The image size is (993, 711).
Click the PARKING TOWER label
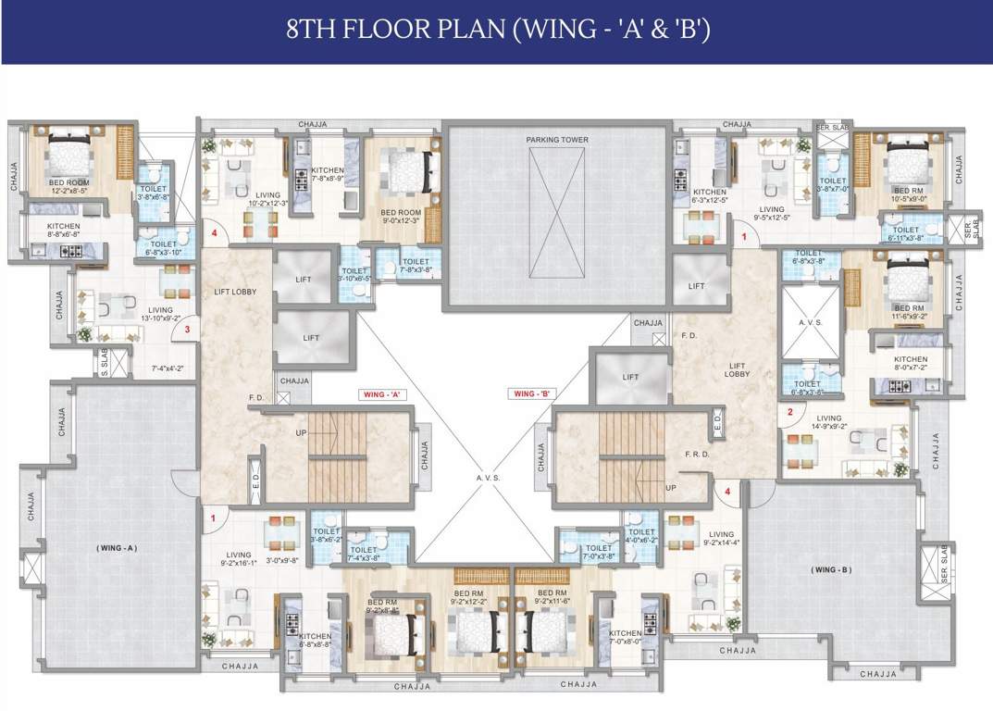tap(557, 140)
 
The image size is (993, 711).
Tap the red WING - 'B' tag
tap(531, 393)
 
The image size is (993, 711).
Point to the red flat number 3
tap(187, 329)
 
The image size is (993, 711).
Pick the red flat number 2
tap(789, 412)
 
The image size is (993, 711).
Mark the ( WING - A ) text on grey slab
tap(117, 548)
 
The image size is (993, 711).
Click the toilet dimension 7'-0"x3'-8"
tap(599, 557)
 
